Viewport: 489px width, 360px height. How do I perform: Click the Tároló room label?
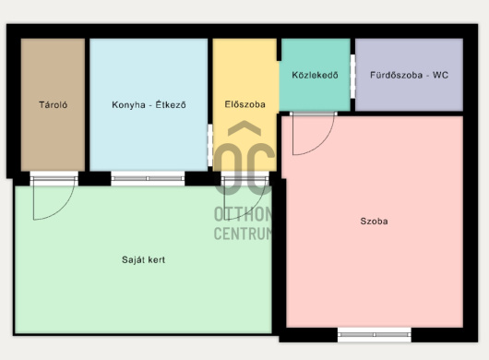[53, 104]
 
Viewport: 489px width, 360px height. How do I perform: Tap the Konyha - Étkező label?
[149, 104]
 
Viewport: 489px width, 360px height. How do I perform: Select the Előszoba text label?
[244, 104]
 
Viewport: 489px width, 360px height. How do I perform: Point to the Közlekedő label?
[315, 75]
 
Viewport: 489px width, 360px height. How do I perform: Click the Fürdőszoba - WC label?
[409, 75]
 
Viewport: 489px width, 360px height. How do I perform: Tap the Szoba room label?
[374, 222]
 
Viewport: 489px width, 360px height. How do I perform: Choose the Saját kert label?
[143, 260]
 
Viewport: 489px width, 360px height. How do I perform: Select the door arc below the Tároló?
[62, 210]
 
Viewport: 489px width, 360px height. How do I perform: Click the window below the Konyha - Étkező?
[148, 178]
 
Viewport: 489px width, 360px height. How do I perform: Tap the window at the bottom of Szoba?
[375, 335]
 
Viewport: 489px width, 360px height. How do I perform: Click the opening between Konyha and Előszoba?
[210, 145]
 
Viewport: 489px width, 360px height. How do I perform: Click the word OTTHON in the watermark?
[243, 214]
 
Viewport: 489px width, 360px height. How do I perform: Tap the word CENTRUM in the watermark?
[243, 233]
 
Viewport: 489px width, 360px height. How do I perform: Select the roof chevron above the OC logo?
[244, 128]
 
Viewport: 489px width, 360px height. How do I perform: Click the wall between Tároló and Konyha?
[88, 104]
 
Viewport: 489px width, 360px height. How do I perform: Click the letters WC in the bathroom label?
[440, 75]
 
